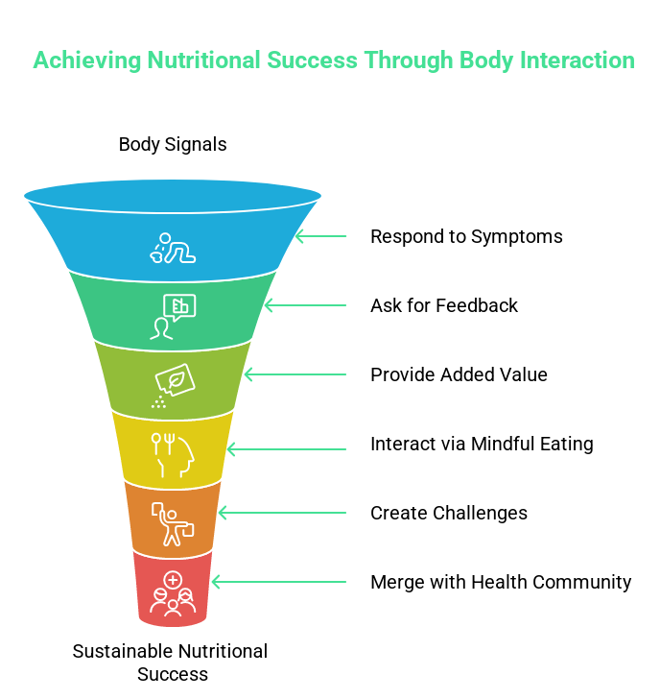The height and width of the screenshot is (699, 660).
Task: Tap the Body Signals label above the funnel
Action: pyautogui.click(x=173, y=145)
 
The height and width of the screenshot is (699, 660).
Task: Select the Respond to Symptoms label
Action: pyautogui.click(x=466, y=236)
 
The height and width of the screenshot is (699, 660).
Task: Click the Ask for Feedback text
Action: pyautogui.click(x=444, y=305)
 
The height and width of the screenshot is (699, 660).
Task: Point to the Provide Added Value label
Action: pyautogui.click(x=459, y=374)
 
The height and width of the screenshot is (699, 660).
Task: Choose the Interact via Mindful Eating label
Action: pyautogui.click(x=482, y=444)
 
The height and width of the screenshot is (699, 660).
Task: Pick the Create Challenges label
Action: pyautogui.click(x=449, y=513)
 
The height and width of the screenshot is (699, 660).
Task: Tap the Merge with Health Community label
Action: pyautogui.click(x=501, y=582)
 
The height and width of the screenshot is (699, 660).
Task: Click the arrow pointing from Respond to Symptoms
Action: pyautogui.click(x=320, y=236)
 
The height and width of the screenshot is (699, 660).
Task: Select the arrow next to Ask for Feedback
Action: pyautogui.click(x=304, y=305)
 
